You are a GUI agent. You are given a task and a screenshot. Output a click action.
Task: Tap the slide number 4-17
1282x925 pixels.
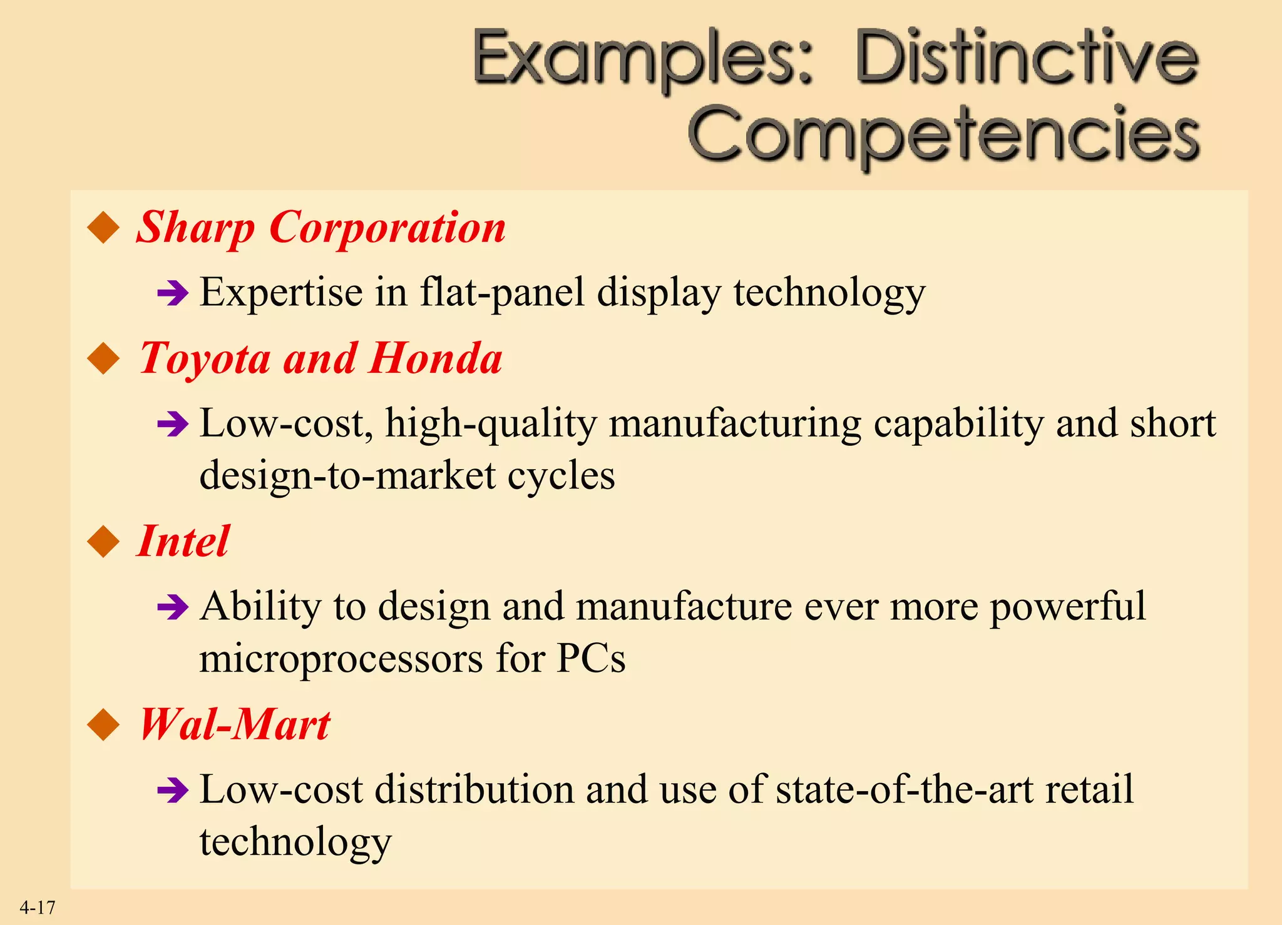pyautogui.click(x=38, y=907)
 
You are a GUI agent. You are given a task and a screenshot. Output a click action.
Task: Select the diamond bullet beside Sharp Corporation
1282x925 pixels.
pyautogui.click(x=104, y=228)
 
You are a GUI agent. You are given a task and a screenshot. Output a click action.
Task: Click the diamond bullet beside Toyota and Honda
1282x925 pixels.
pyautogui.click(x=104, y=359)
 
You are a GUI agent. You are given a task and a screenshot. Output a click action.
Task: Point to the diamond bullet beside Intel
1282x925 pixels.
pyautogui.click(x=104, y=542)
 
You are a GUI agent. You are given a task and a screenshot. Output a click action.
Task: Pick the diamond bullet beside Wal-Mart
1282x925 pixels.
pyautogui.click(x=104, y=725)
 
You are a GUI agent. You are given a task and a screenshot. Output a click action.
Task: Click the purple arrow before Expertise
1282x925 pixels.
pyautogui.click(x=173, y=293)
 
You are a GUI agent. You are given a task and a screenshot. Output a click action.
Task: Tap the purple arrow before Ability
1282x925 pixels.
pyautogui.click(x=173, y=607)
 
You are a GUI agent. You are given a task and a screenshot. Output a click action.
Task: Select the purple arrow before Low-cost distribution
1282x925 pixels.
pyautogui.click(x=173, y=790)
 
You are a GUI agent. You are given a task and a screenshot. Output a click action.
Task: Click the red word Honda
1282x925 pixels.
pyautogui.click(x=435, y=358)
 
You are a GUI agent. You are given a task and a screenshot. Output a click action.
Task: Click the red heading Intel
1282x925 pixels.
pyautogui.click(x=183, y=541)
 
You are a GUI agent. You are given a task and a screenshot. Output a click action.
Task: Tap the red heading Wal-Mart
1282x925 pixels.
pyautogui.click(x=235, y=725)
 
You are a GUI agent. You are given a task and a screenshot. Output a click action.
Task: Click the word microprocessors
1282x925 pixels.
pyautogui.click(x=341, y=659)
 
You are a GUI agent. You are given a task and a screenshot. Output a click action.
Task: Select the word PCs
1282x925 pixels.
pyautogui.click(x=591, y=659)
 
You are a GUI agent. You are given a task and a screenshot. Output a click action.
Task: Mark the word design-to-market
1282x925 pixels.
pyautogui.click(x=347, y=475)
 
